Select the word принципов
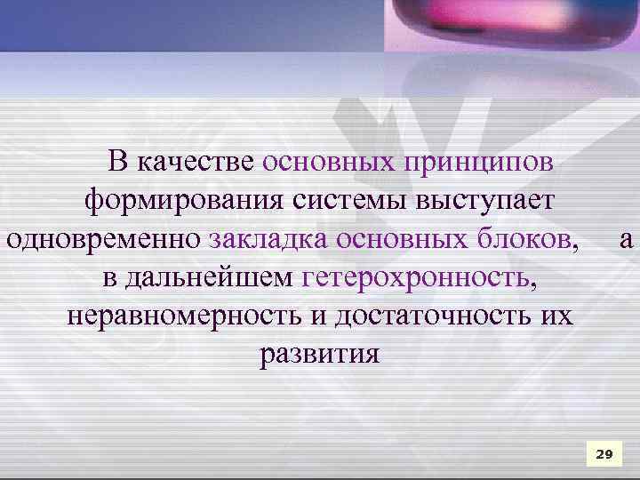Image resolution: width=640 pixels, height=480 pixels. pos(479,163)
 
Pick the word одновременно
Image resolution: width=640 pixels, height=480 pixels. pos(104,239)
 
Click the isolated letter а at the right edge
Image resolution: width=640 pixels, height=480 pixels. pos(627,240)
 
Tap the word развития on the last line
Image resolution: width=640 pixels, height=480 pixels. pos(319,355)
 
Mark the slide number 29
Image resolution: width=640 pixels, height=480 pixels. pos(604,454)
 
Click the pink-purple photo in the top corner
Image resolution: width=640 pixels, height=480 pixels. pos(511,25)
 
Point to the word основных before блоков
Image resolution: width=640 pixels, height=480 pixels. pos(390,239)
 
